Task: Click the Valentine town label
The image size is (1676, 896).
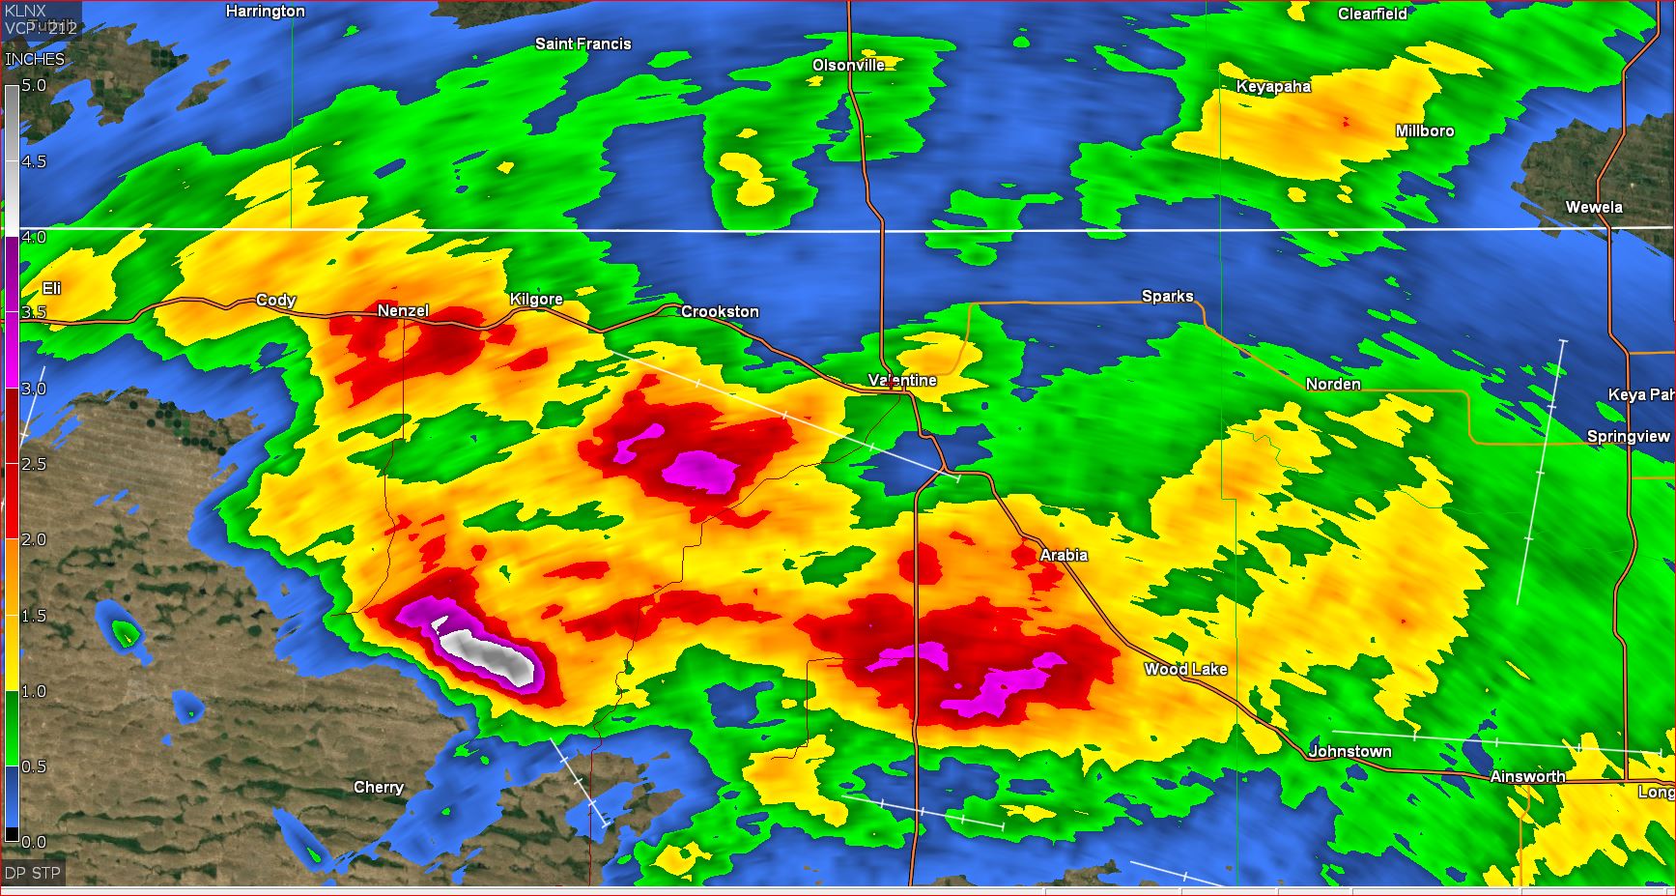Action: click(x=902, y=380)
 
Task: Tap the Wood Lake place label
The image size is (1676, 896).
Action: click(x=1185, y=669)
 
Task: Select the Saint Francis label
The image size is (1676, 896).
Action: click(x=582, y=43)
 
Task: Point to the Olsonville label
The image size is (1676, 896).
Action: click(x=848, y=65)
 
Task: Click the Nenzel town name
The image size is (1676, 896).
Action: click(x=403, y=310)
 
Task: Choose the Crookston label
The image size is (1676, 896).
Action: click(x=720, y=311)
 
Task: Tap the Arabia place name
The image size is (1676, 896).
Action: click(x=1064, y=555)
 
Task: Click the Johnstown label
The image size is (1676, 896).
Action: click(x=1349, y=751)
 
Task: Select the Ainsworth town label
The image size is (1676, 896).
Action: click(x=1527, y=776)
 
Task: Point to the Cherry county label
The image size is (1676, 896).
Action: click(x=379, y=787)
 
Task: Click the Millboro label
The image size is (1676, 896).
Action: click(x=1424, y=130)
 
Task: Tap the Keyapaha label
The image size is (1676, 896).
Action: click(x=1273, y=86)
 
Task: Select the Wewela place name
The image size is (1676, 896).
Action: click(x=1594, y=207)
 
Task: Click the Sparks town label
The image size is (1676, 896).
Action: click(x=1167, y=296)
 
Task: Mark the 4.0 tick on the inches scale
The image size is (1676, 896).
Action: click(x=34, y=237)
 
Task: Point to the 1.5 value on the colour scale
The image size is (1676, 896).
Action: click(x=34, y=616)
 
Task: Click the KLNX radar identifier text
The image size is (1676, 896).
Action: click(x=25, y=11)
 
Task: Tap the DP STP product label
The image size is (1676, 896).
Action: click(x=33, y=873)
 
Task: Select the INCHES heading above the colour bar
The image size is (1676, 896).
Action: click(x=35, y=59)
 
